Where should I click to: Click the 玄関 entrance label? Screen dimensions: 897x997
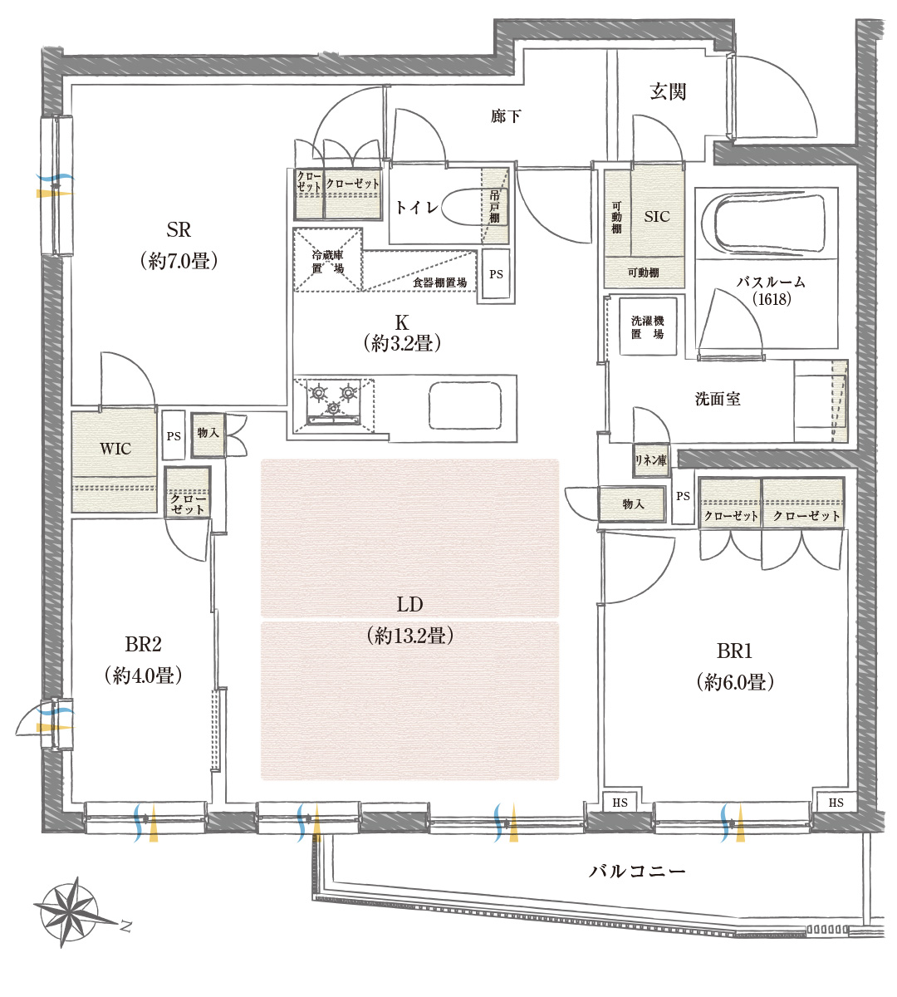coord(668,92)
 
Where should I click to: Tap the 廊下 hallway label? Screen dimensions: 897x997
coord(506,116)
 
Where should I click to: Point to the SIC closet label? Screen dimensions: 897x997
coord(656,217)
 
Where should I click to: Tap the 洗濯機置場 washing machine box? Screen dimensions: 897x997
coord(648,327)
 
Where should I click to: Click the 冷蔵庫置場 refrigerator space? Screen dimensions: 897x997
coord(327,260)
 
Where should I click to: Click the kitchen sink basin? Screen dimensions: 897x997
coord(465,405)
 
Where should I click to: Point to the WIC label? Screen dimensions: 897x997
coord(115,449)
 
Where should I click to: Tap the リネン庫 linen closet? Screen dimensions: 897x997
coord(650,460)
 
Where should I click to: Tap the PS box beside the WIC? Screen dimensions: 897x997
coord(174,435)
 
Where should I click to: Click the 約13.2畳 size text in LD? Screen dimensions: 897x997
coord(410,636)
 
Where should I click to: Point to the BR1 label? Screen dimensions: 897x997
coord(734,651)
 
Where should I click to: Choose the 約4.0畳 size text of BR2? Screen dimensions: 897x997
coord(143,675)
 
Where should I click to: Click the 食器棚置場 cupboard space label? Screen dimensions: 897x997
coord(440,282)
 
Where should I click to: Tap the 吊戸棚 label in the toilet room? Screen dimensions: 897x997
coord(494,207)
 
